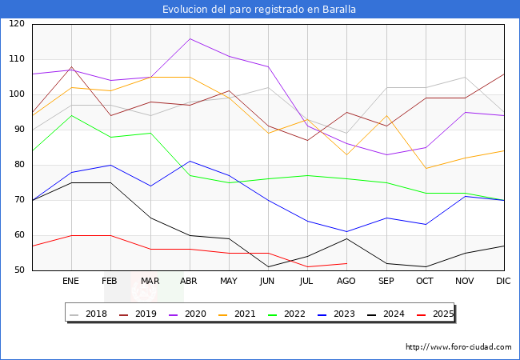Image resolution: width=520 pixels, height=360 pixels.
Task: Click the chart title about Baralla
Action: (x=259, y=10)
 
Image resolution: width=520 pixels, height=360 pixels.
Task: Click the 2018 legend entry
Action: (x=90, y=314)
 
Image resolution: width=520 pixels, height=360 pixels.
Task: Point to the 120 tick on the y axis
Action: (x=17, y=24)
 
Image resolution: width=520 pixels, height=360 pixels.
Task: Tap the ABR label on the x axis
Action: (x=190, y=282)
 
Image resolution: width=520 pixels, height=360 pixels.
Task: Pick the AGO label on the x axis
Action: (x=346, y=282)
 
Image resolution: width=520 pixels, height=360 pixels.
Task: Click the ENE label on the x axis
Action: (x=71, y=282)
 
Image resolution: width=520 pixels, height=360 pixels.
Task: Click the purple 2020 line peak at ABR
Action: (x=190, y=38)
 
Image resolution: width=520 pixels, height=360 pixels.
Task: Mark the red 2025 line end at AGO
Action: (x=346, y=263)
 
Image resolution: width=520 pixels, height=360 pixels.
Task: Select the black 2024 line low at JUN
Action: (x=268, y=266)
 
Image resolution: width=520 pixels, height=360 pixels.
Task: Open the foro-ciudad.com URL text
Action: (x=458, y=347)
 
